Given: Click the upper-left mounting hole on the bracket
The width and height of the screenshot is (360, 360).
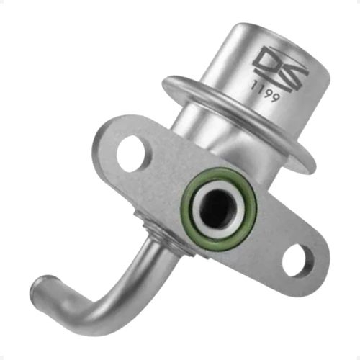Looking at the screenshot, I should pyautogui.click(x=130, y=152).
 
